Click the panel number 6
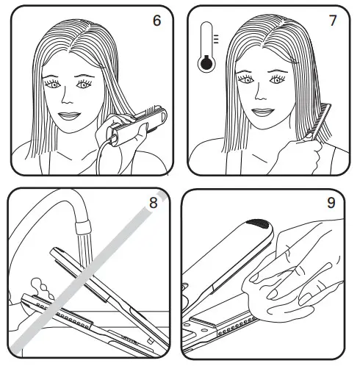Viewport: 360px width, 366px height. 156,20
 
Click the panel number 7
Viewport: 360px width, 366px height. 334,20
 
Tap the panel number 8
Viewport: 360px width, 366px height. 153,204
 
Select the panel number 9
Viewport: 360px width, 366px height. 331,204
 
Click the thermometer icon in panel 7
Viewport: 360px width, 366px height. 206,49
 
